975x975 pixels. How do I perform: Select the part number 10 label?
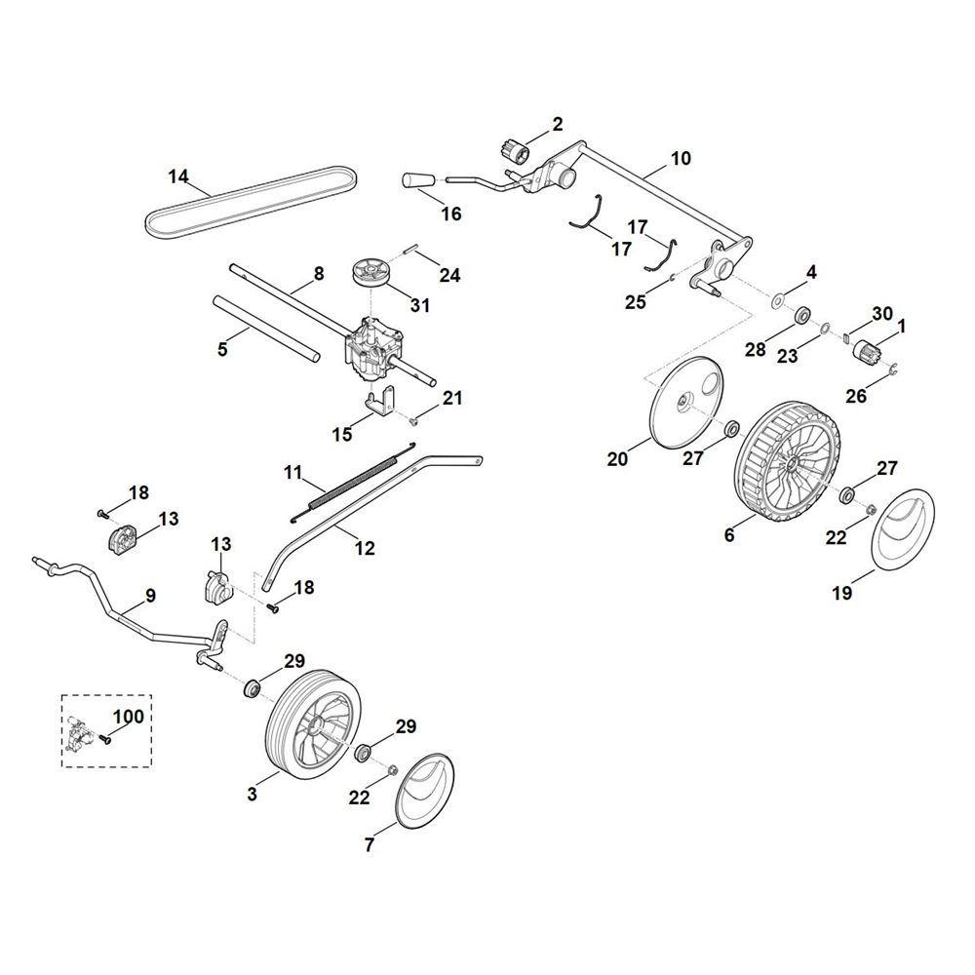681,158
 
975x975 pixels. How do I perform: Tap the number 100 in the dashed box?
128,717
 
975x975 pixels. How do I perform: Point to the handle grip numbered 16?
416,180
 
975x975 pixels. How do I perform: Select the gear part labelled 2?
514,151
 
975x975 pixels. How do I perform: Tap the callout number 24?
448,276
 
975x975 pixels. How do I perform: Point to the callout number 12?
364,549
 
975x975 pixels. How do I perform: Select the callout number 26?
855,396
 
